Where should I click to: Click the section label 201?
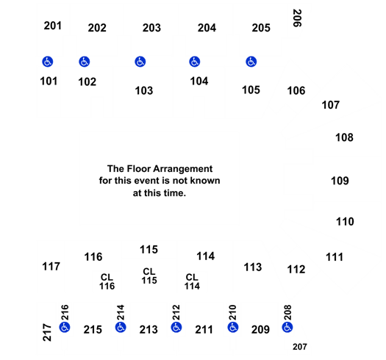(53, 26)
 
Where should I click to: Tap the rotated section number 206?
(297, 18)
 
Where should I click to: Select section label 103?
(144, 90)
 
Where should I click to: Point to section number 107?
(331, 105)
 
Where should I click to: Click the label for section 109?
(340, 181)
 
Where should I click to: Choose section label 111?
(335, 257)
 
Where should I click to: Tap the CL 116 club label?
(107, 281)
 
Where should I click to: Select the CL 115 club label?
(149, 276)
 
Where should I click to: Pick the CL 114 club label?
(192, 281)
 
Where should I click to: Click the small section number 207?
(300, 347)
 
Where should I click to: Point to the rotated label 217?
(47, 332)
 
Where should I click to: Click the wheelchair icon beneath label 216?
(65, 327)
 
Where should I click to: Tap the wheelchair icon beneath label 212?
(176, 327)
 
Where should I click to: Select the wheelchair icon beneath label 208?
(287, 327)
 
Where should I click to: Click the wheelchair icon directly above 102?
(85, 62)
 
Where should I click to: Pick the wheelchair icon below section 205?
(251, 62)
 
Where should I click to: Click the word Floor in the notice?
(137, 169)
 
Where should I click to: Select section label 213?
(149, 330)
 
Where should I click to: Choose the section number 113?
(253, 267)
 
